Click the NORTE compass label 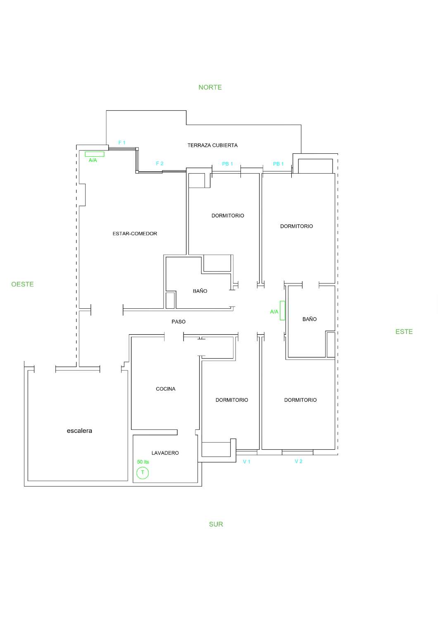(x=210, y=88)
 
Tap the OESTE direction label (x=22, y=284)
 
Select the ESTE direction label (x=404, y=331)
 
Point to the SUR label (x=216, y=524)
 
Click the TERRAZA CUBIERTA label (x=212, y=145)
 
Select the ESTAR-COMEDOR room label (x=135, y=234)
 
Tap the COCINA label (x=165, y=389)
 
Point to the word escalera (x=79, y=431)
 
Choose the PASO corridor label (x=179, y=322)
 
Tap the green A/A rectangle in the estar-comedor (x=95, y=154)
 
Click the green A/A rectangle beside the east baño (x=282, y=310)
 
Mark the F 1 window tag (x=122, y=143)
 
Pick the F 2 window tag (x=159, y=164)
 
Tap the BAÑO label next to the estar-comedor (x=200, y=291)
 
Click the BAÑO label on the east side (x=309, y=319)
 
